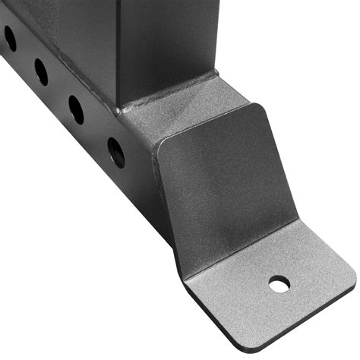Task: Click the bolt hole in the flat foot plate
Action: click(x=279, y=285)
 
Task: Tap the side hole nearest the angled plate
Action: click(x=116, y=152)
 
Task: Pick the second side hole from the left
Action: click(x=41, y=71)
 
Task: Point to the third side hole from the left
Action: click(x=76, y=109)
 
